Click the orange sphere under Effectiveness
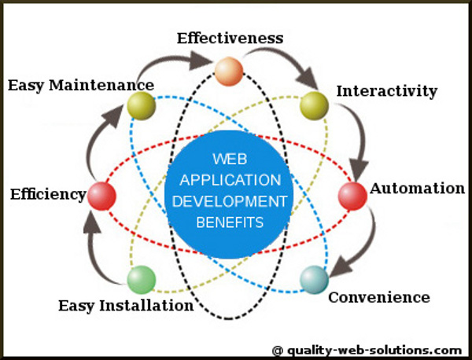pos(229,72)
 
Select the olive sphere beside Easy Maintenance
pos(142,105)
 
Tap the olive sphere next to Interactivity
pos(314,105)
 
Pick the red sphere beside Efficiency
pos(101,196)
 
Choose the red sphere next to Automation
pos(352,196)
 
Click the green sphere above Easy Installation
pos(141,279)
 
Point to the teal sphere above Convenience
pos(314,279)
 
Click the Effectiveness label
pos(230,38)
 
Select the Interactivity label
pos(386,91)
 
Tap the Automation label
pos(417,189)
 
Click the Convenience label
pos(378,297)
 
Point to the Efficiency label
pos(47,194)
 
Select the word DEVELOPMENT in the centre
pos(230,201)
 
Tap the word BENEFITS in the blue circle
pos(230,222)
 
